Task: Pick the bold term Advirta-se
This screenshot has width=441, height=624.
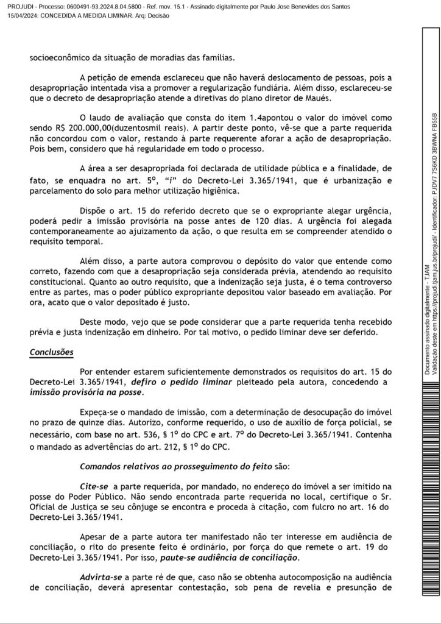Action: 101,576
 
